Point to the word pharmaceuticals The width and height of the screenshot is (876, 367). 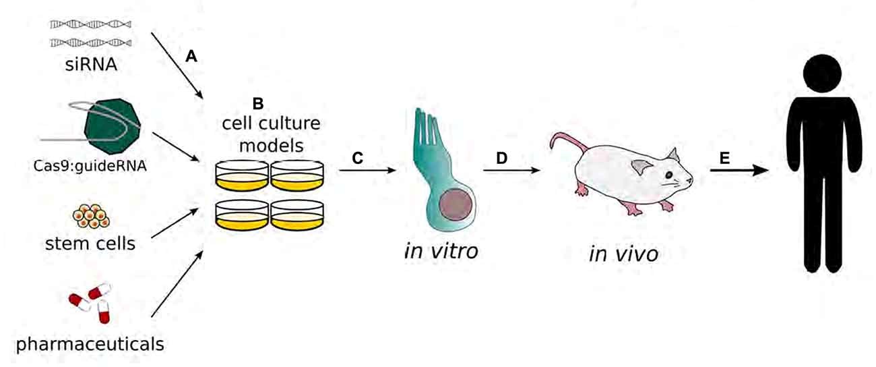point(90,345)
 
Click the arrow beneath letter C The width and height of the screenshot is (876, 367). point(367,171)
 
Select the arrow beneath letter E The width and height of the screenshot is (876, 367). point(738,171)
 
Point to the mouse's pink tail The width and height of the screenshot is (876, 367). point(563,145)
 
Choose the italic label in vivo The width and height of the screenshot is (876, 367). point(623,255)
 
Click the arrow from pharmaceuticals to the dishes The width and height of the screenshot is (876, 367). point(177,283)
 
